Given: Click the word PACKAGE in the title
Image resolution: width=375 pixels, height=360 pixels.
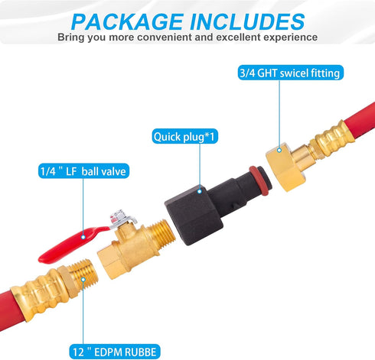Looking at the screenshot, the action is pyautogui.click(x=127, y=21).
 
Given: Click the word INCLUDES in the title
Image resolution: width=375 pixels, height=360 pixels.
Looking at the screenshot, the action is pyautogui.click(x=247, y=21).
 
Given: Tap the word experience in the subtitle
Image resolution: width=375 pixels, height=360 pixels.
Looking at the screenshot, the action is pyautogui.click(x=290, y=37).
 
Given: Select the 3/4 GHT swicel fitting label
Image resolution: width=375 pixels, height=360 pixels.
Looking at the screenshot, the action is pyautogui.click(x=291, y=73).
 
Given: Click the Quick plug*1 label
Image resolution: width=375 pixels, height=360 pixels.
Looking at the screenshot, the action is pyautogui.click(x=185, y=136).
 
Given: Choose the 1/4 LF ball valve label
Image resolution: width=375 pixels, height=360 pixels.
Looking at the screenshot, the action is pyautogui.click(x=83, y=170).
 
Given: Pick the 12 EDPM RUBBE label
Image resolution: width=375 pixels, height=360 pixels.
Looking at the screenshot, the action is pyautogui.click(x=115, y=352).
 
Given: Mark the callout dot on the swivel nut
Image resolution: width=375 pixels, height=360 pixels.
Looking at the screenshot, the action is pyautogui.click(x=279, y=151).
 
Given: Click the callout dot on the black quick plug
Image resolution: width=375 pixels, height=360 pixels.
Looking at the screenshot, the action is pyautogui.click(x=200, y=191).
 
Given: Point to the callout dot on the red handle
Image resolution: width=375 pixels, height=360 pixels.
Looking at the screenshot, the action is pyautogui.click(x=83, y=237).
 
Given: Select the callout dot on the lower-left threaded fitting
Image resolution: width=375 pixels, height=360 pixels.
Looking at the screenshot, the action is pyautogui.click(x=83, y=279).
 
